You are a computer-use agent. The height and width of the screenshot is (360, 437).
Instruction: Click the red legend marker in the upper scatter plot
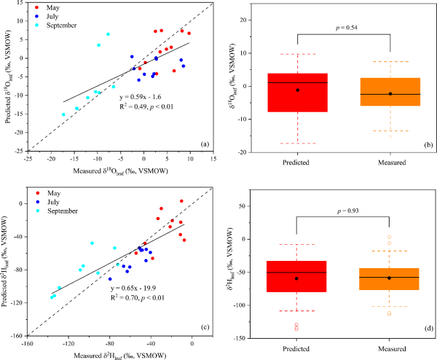[x=36, y=7]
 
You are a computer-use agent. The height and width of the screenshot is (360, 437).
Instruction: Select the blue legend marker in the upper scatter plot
[x=36, y=16]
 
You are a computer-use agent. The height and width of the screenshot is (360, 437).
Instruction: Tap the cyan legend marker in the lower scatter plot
[x=38, y=211]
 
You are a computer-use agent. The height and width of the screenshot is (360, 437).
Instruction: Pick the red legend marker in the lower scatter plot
[x=38, y=193]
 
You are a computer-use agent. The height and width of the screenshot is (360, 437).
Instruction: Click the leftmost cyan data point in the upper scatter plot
[x=63, y=114]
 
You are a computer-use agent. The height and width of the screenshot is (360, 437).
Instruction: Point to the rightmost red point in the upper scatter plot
[x=189, y=33]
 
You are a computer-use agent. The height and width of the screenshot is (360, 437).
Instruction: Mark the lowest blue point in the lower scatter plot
[x=110, y=279]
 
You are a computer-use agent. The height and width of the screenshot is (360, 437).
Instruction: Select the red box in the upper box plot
[x=297, y=93]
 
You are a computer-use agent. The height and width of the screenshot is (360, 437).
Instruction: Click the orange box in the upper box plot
[x=390, y=92]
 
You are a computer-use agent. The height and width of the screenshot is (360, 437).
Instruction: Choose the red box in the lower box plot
[x=296, y=277]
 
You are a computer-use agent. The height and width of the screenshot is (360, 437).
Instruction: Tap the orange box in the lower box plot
[x=389, y=279]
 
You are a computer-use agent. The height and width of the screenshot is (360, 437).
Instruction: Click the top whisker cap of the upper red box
[x=298, y=54]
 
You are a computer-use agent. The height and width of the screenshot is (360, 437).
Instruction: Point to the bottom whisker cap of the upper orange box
[x=390, y=131]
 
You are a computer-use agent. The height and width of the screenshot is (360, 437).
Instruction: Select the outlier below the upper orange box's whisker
[x=390, y=136]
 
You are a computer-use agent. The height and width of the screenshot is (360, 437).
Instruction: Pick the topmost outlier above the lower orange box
[x=389, y=237]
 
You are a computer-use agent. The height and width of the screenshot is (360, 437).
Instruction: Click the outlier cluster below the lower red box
[x=296, y=327]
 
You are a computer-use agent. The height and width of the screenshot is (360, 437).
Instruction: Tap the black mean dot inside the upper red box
[x=297, y=90]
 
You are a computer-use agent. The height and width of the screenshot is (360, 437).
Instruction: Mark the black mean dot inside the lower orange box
[x=389, y=278]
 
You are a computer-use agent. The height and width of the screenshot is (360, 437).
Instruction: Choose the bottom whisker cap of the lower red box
[x=296, y=311]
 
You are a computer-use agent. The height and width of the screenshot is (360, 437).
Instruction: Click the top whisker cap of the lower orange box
[x=389, y=251]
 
